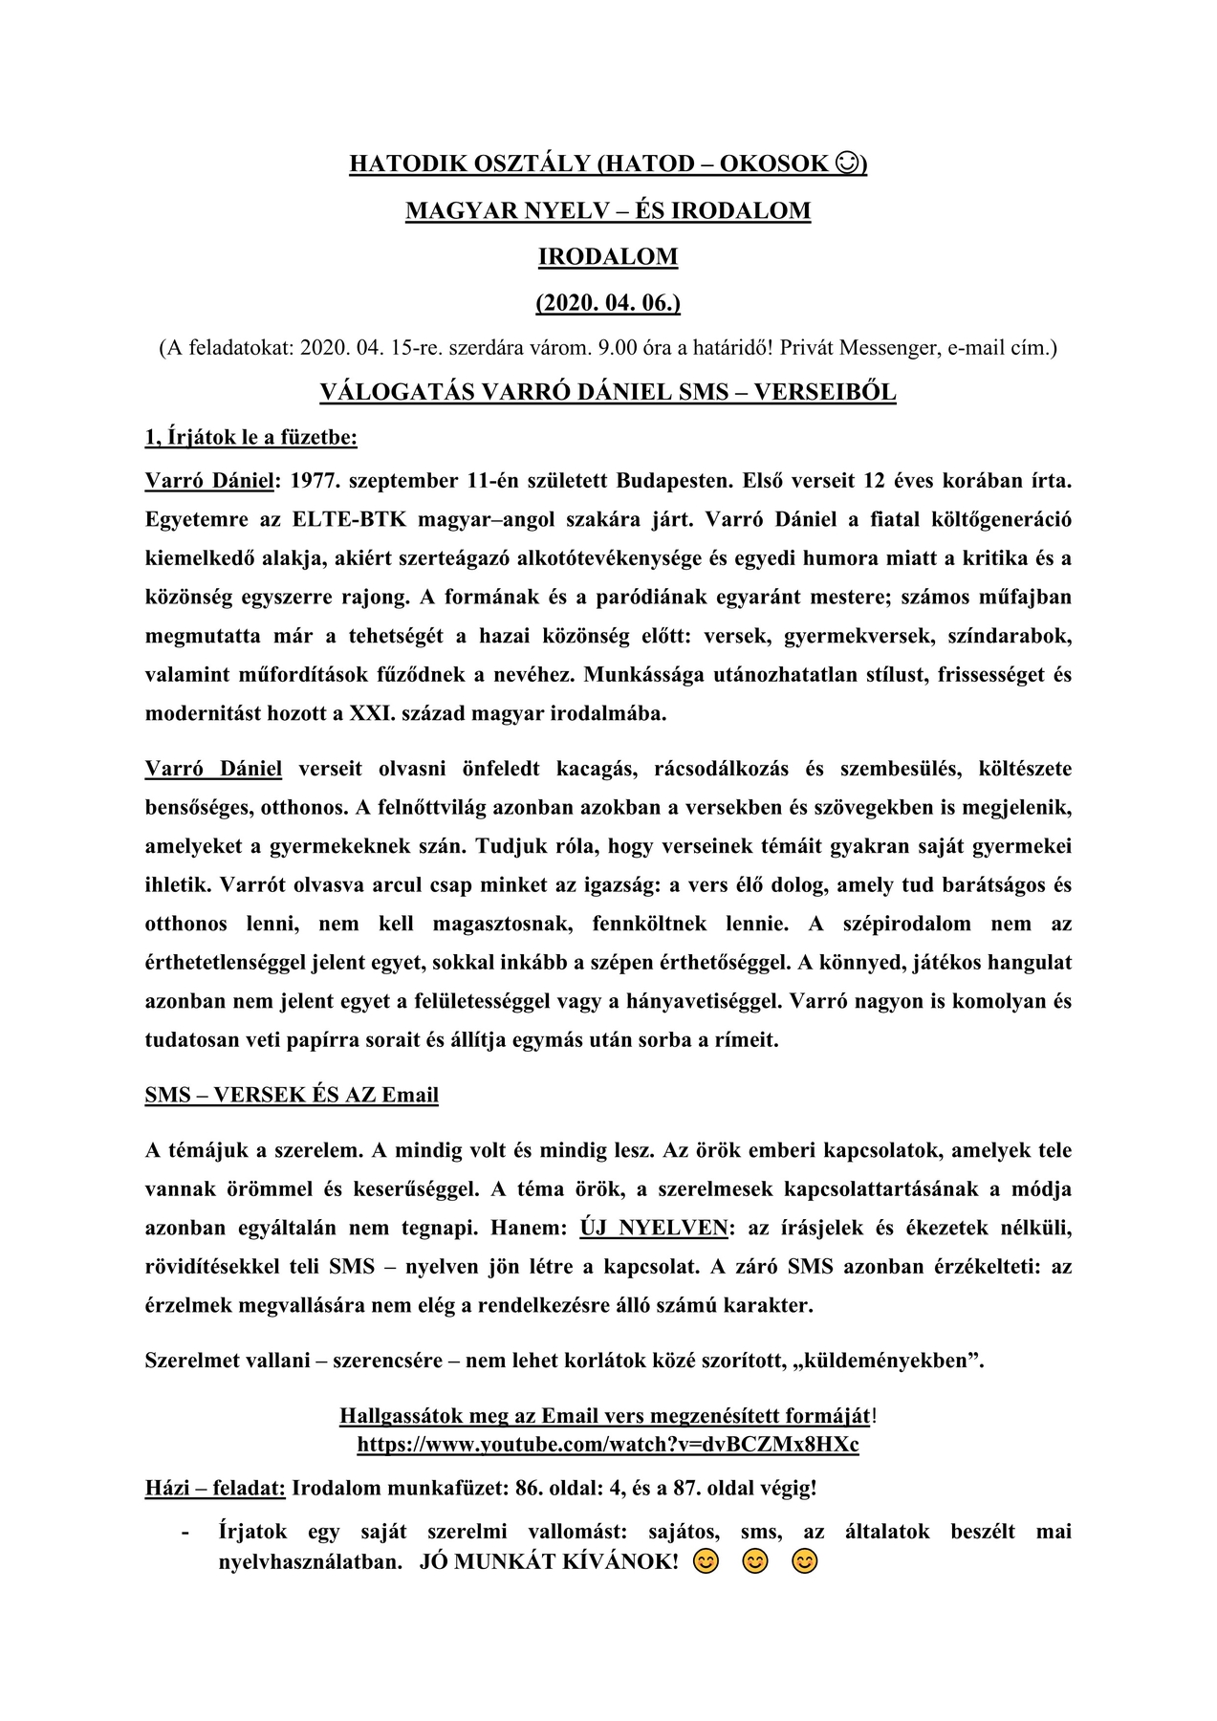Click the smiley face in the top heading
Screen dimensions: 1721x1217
846,163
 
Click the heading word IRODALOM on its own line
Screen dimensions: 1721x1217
608,256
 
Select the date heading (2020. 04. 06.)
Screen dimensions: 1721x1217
608,303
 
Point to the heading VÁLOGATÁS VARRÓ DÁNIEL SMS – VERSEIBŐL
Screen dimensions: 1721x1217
608,392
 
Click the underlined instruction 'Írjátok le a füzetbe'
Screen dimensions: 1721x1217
251,438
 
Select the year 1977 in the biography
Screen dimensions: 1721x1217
313,480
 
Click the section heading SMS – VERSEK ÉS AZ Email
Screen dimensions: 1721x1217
292,1095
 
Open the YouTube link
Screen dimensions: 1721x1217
608,1444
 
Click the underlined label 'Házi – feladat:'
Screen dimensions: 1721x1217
215,1488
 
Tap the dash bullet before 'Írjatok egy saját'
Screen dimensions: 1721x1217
185,1532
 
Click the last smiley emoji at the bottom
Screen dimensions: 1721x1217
805,1562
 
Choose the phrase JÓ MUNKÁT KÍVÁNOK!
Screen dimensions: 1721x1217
549,1562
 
